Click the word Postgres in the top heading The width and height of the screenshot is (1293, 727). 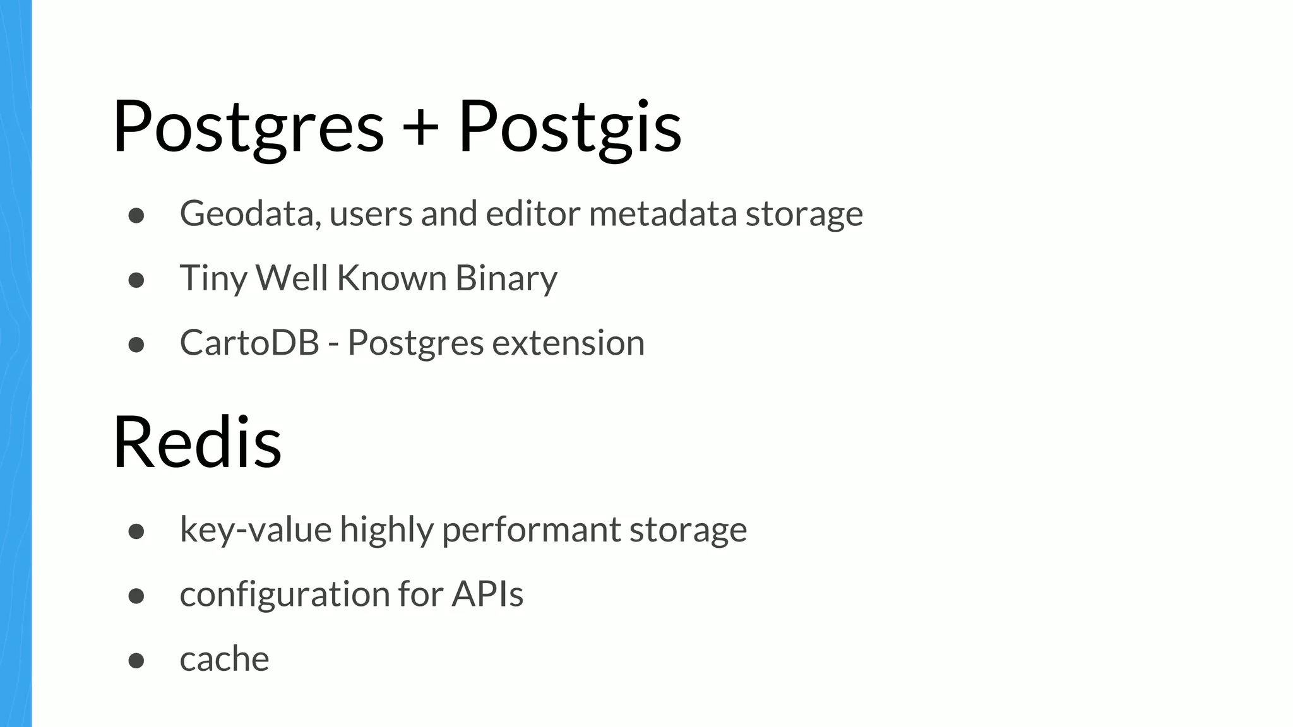pos(248,126)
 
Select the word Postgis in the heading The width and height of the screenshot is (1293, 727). pos(569,126)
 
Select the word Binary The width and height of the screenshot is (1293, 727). pos(506,278)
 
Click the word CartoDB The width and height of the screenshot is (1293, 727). pos(249,343)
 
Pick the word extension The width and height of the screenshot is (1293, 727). pos(568,343)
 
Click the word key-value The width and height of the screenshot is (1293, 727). pos(256,529)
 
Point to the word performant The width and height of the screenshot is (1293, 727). pos(531,529)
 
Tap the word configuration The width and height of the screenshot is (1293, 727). pos(285,594)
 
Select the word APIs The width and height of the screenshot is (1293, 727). pos(487,594)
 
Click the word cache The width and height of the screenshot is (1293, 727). pos(224,659)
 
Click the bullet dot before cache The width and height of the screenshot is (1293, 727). pos(136,660)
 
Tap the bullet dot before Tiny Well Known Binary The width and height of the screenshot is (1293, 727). pos(136,280)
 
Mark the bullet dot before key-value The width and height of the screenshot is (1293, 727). pos(136,531)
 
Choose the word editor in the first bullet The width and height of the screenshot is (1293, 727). pos(533,213)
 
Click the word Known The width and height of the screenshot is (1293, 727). pos(391,278)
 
